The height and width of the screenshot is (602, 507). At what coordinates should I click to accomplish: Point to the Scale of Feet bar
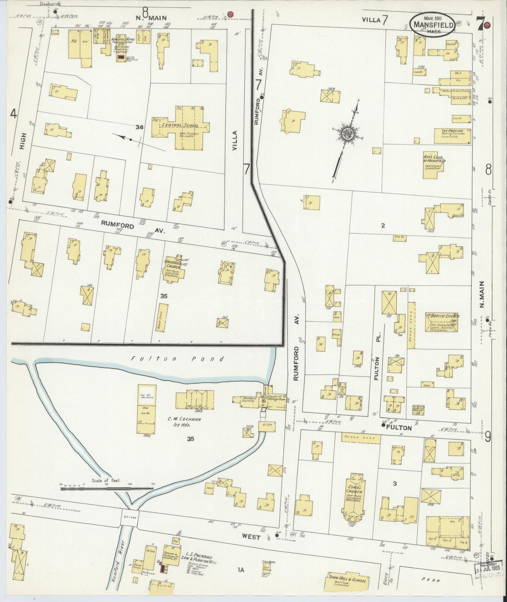[x=107, y=488]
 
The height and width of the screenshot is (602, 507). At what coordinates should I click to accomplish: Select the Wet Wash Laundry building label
[x=249, y=399]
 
